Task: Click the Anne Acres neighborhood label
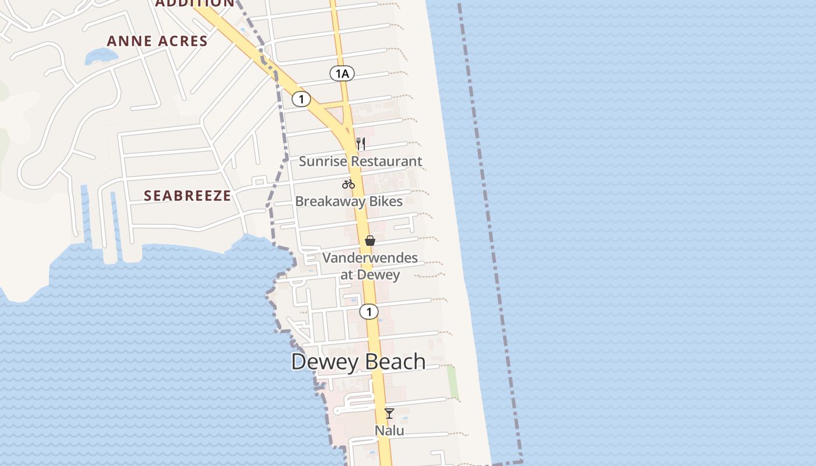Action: (157, 41)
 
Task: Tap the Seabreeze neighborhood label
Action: (188, 195)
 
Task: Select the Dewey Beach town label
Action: (358, 362)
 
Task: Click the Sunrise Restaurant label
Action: (360, 161)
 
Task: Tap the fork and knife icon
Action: (361, 143)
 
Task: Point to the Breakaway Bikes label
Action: (349, 202)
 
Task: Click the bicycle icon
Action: (349, 184)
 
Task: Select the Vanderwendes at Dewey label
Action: (370, 266)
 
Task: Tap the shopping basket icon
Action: (370, 240)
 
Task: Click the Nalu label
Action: (389, 431)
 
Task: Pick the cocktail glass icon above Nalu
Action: (389, 414)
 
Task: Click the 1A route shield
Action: (342, 73)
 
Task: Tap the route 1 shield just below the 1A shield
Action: (301, 99)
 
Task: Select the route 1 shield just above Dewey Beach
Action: (368, 312)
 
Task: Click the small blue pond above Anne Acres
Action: (101, 56)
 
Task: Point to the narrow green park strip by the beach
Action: (453, 382)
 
